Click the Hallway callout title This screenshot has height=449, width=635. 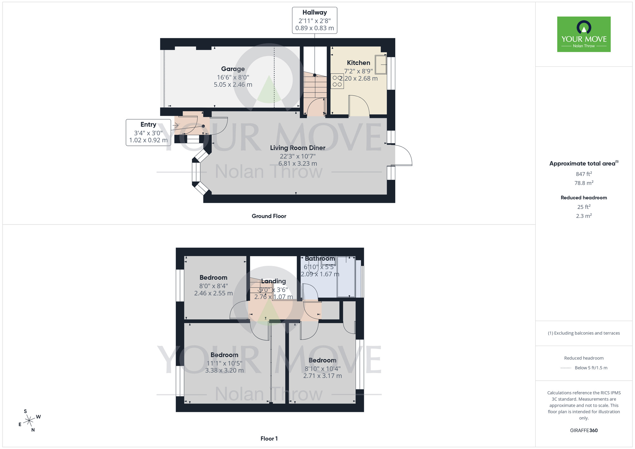(x=314, y=13)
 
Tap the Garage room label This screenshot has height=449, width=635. (x=233, y=69)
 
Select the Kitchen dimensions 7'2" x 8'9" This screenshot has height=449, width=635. (x=358, y=71)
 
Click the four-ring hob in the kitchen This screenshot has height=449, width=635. (x=337, y=81)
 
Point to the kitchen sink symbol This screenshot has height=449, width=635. (x=381, y=64)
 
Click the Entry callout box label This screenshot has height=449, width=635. (x=148, y=124)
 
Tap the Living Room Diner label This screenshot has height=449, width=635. (x=297, y=148)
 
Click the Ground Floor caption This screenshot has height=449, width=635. (x=269, y=216)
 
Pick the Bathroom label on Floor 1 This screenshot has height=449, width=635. (x=320, y=259)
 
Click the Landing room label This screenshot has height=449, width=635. (x=273, y=281)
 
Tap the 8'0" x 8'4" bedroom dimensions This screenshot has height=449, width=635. (x=213, y=286)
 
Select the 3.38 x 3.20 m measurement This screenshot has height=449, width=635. (x=224, y=371)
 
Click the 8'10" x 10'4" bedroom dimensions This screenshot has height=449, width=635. (x=322, y=369)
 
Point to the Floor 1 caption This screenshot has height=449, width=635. (x=269, y=439)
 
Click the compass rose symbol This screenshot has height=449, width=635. (x=29, y=421)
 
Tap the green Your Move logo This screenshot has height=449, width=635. (x=584, y=34)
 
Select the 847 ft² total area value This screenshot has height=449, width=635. (x=584, y=174)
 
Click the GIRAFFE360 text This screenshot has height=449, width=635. (x=584, y=431)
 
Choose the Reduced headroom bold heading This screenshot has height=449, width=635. (x=584, y=198)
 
